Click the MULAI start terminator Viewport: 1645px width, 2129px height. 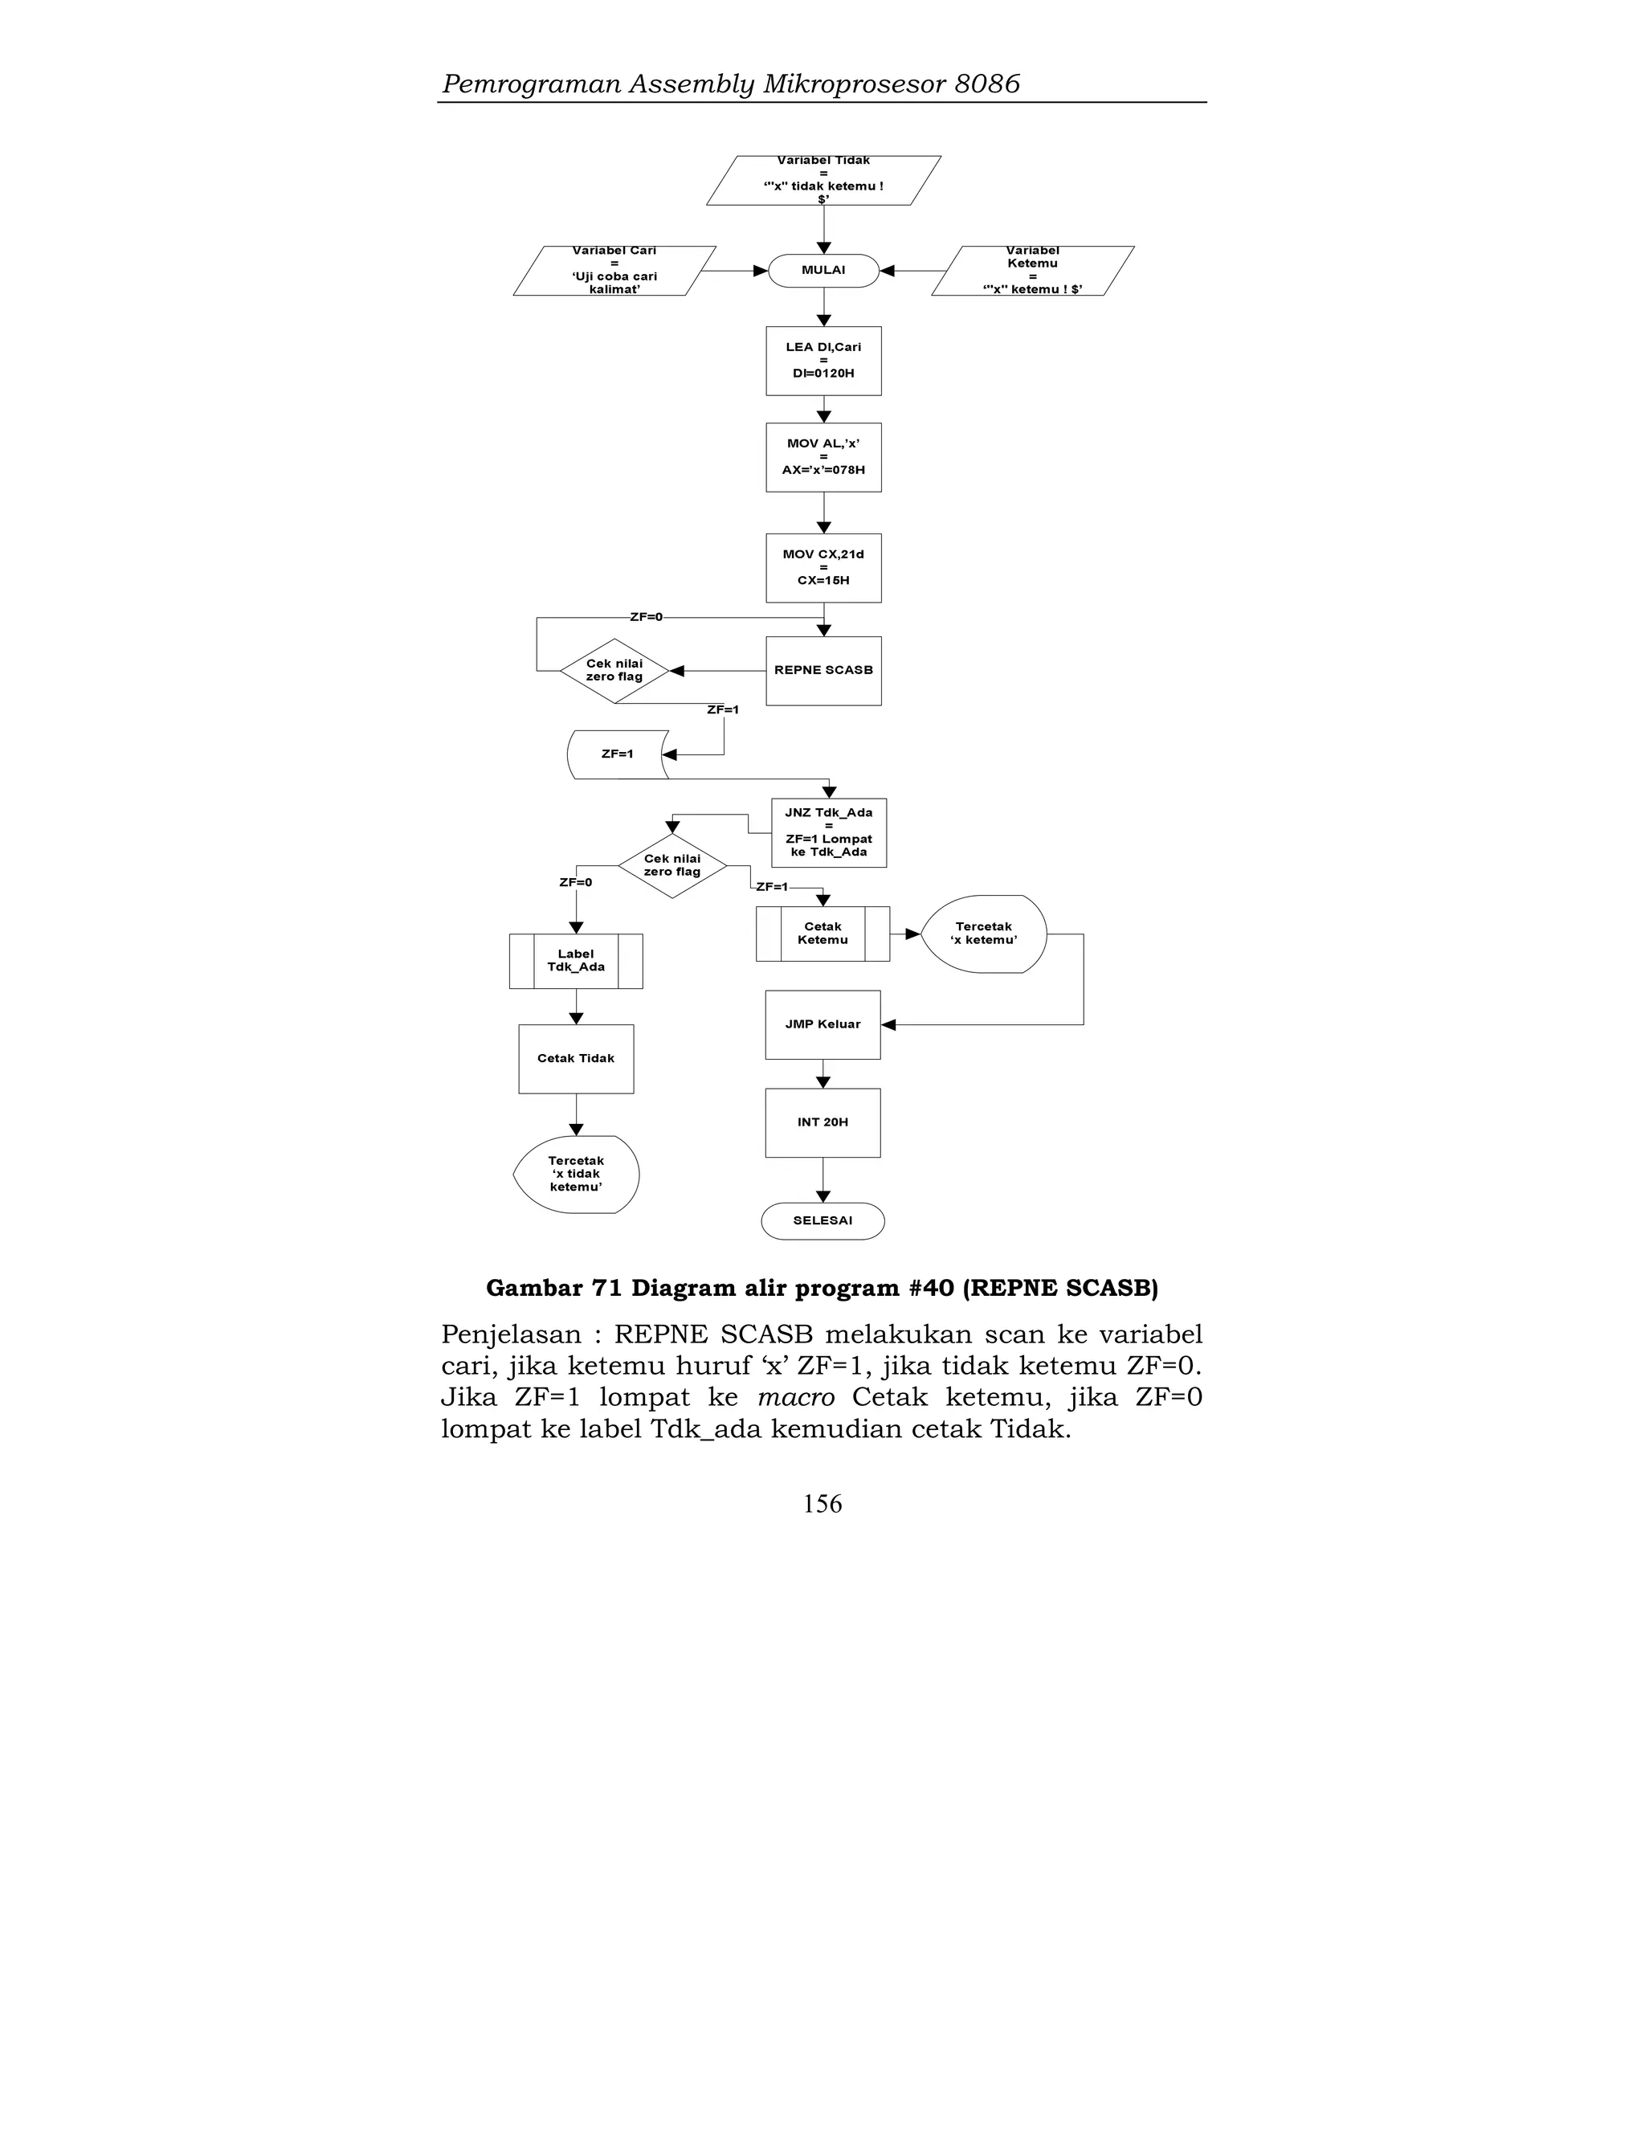click(x=823, y=270)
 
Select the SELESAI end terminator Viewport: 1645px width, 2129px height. click(x=822, y=1220)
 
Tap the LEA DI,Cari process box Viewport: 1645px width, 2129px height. click(x=823, y=361)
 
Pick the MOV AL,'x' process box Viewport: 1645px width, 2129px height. click(x=823, y=457)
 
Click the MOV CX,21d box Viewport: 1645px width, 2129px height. click(x=823, y=567)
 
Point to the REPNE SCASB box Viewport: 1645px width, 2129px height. click(x=823, y=671)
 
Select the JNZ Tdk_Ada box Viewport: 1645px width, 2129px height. click(x=828, y=832)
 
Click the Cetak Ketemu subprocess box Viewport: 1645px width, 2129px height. click(x=822, y=934)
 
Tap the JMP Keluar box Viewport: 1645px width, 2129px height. click(x=822, y=1024)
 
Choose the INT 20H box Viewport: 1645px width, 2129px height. click(x=822, y=1123)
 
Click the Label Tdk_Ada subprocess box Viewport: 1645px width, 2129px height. click(x=576, y=961)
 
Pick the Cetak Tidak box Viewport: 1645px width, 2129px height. click(x=576, y=1059)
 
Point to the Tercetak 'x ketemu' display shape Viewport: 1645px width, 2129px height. click(x=983, y=934)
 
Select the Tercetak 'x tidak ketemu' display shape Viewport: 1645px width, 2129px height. click(x=576, y=1174)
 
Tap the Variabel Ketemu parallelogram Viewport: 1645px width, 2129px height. click(x=1032, y=271)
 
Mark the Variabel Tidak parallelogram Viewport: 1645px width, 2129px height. click(x=823, y=180)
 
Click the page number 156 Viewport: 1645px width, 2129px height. click(x=822, y=1504)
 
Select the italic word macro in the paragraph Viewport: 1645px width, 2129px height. click(x=795, y=1398)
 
